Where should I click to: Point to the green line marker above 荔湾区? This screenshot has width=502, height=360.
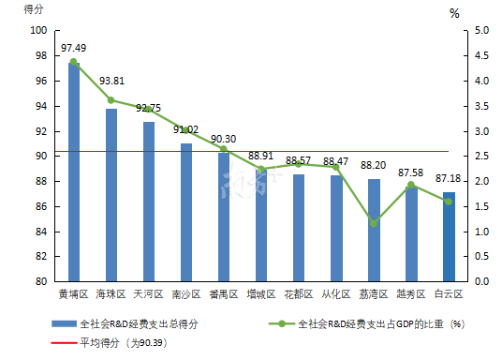374,223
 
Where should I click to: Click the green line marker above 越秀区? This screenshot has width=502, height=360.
411,185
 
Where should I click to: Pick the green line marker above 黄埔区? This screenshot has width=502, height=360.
74,62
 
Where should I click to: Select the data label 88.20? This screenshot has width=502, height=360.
374,165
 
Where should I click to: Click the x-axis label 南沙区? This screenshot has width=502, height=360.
186,293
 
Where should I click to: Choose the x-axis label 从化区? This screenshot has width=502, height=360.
336,293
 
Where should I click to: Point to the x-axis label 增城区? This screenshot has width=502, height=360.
261,293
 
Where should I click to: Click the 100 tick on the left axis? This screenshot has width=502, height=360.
39,31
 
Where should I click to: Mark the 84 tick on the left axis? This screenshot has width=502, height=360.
42,231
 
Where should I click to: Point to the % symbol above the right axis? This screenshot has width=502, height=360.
454,13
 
